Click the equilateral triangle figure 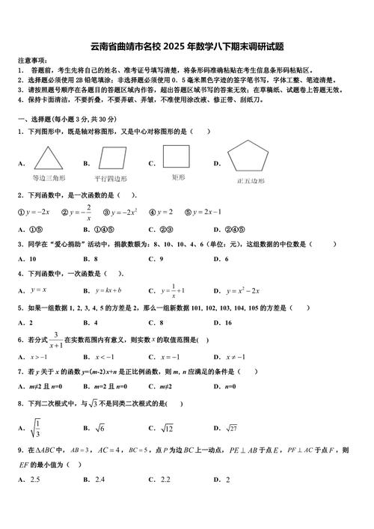point(49,159)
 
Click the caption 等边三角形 point(49,178)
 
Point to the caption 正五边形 point(251,180)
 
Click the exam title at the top point(186,45)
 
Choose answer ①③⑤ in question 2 point(38,230)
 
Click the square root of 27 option point(236,428)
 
